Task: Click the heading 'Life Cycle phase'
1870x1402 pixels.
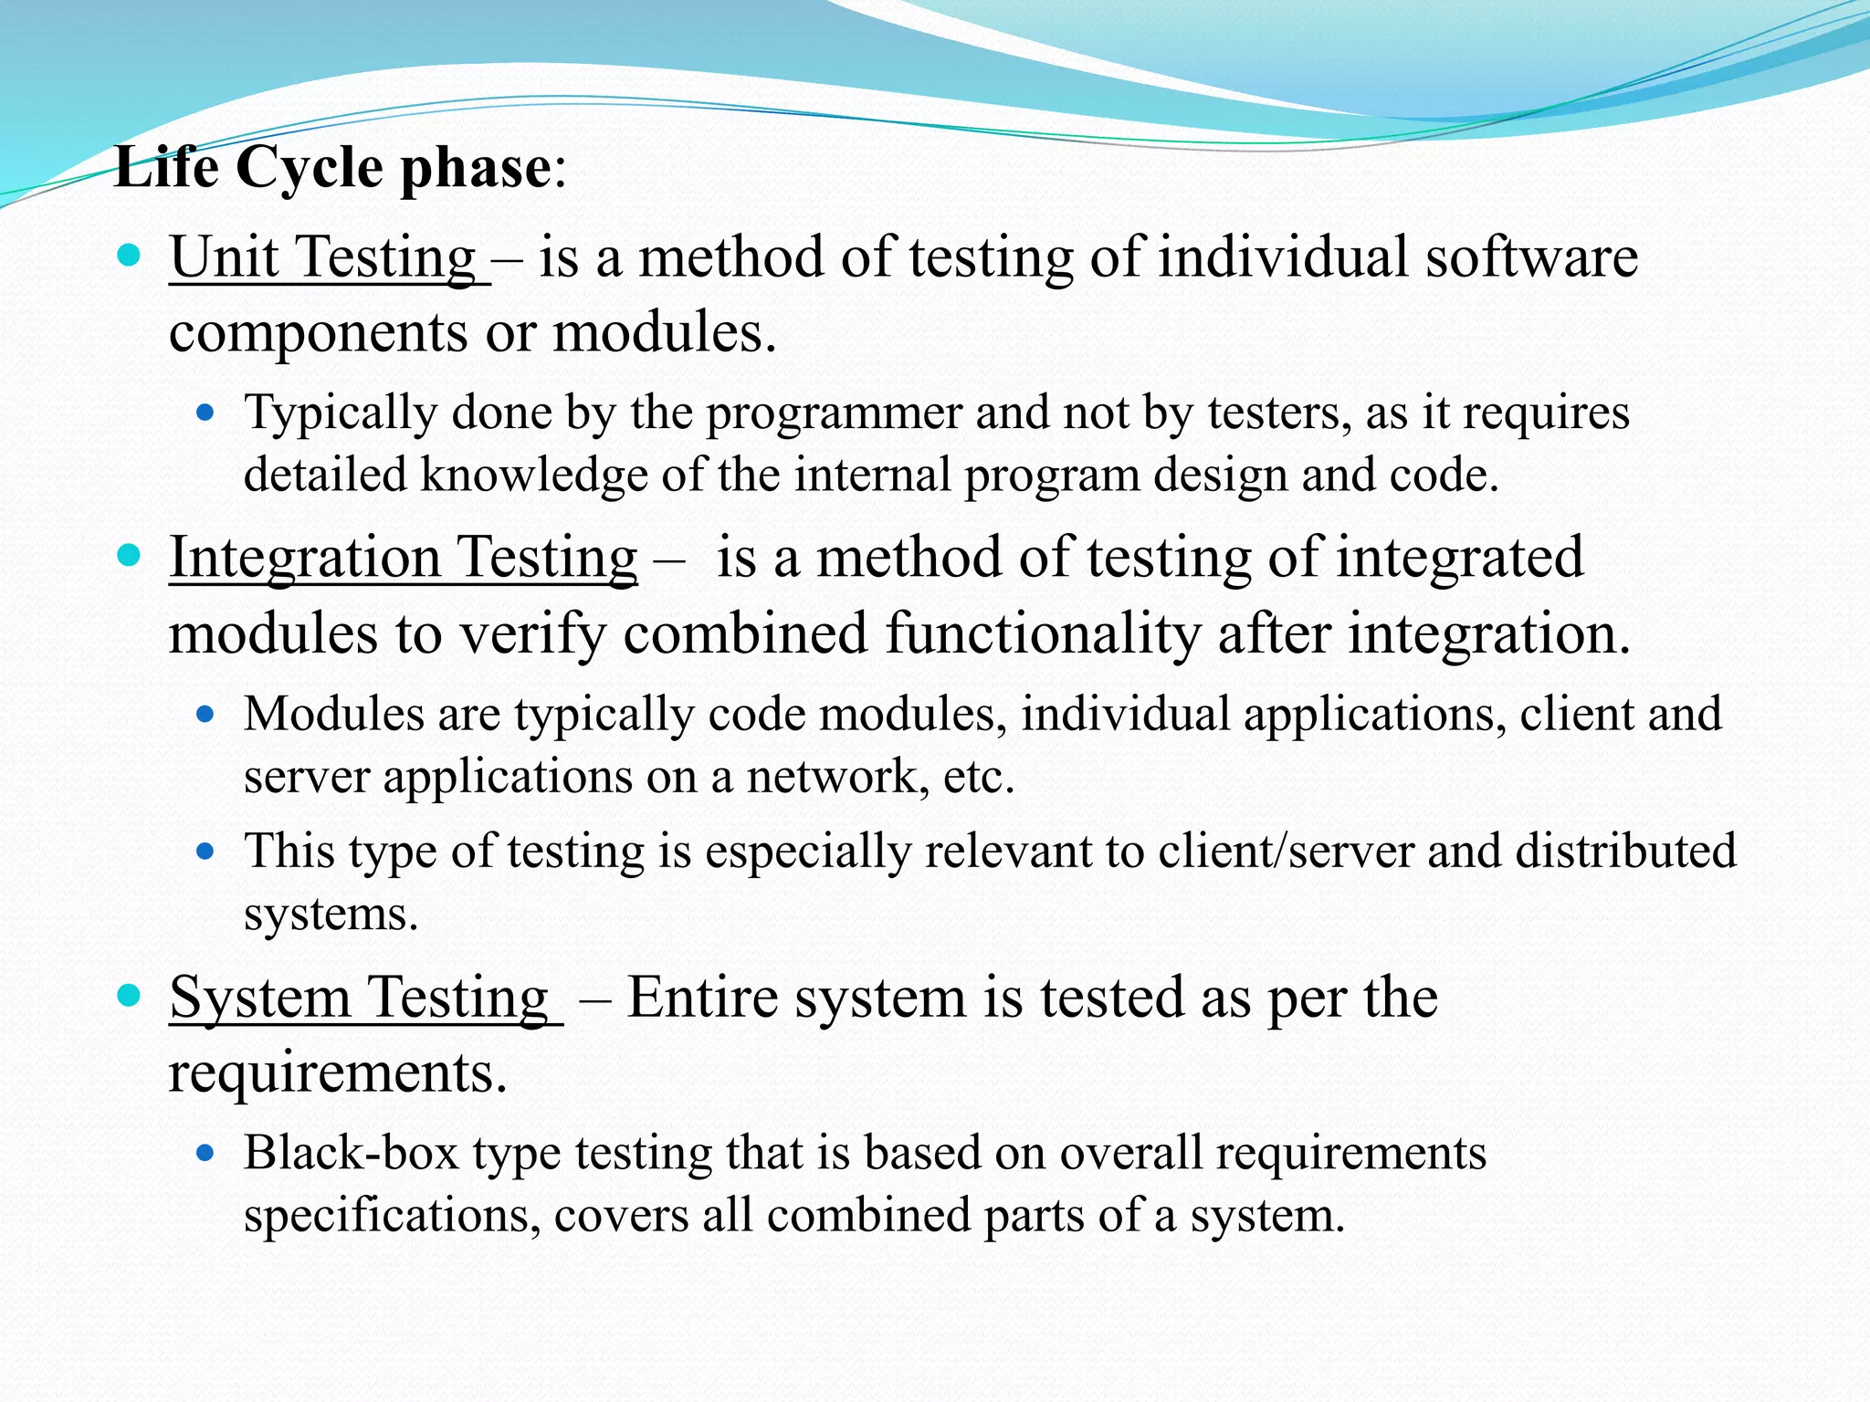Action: coord(333,168)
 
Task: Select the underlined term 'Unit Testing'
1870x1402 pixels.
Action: coord(323,257)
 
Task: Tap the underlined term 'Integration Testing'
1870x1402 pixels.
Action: coord(403,558)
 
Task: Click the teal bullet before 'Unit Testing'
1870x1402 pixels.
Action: coord(130,255)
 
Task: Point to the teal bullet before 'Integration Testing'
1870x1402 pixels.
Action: coord(130,555)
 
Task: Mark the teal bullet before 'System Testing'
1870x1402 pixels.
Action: coord(130,995)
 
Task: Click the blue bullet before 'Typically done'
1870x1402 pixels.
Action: coord(205,413)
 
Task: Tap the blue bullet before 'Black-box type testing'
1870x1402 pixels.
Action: coord(205,1154)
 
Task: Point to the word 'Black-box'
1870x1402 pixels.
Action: coord(351,1153)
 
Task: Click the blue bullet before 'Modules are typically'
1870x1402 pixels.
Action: coord(205,715)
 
